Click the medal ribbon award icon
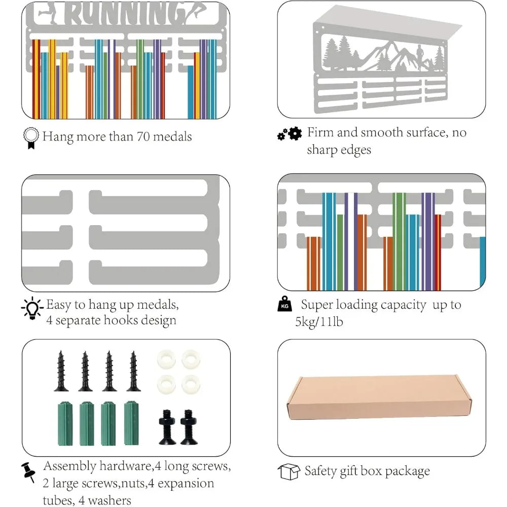click(31, 138)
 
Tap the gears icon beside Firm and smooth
click(289, 133)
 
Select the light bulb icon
click(32, 308)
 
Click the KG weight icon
click(284, 304)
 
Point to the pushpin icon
click(28, 472)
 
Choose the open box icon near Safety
click(289, 472)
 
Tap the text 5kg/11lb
click(319, 322)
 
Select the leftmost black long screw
click(61, 371)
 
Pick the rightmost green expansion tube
click(131, 423)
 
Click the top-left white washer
click(166, 359)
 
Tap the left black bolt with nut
click(167, 427)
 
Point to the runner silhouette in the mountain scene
click(419, 57)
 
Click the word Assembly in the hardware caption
click(70, 466)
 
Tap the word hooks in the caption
click(120, 320)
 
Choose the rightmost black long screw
click(133, 371)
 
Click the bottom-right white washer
click(191, 384)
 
